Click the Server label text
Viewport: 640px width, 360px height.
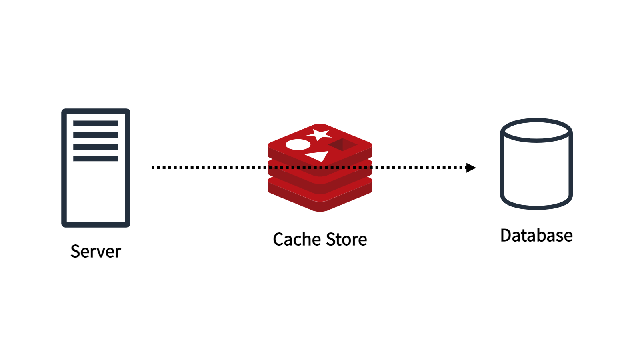coord(96,252)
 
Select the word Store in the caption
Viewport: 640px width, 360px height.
coord(346,239)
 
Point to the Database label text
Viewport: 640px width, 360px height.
coord(536,236)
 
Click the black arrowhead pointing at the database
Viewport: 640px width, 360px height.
coord(471,168)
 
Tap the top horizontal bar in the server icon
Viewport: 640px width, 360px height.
coord(96,123)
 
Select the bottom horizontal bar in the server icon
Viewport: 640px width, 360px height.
coord(96,158)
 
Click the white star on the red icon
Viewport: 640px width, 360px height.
coord(319,134)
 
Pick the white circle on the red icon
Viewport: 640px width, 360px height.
coord(298,144)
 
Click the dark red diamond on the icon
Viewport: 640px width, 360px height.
coord(342,144)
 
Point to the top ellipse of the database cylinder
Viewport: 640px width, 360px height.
coord(536,120)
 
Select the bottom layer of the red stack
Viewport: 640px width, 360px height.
coord(320,200)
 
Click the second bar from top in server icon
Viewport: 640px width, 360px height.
coord(96,135)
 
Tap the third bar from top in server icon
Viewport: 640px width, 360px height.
coord(96,147)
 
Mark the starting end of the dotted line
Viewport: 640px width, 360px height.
coord(153,168)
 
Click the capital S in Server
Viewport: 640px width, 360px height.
coord(75,252)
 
